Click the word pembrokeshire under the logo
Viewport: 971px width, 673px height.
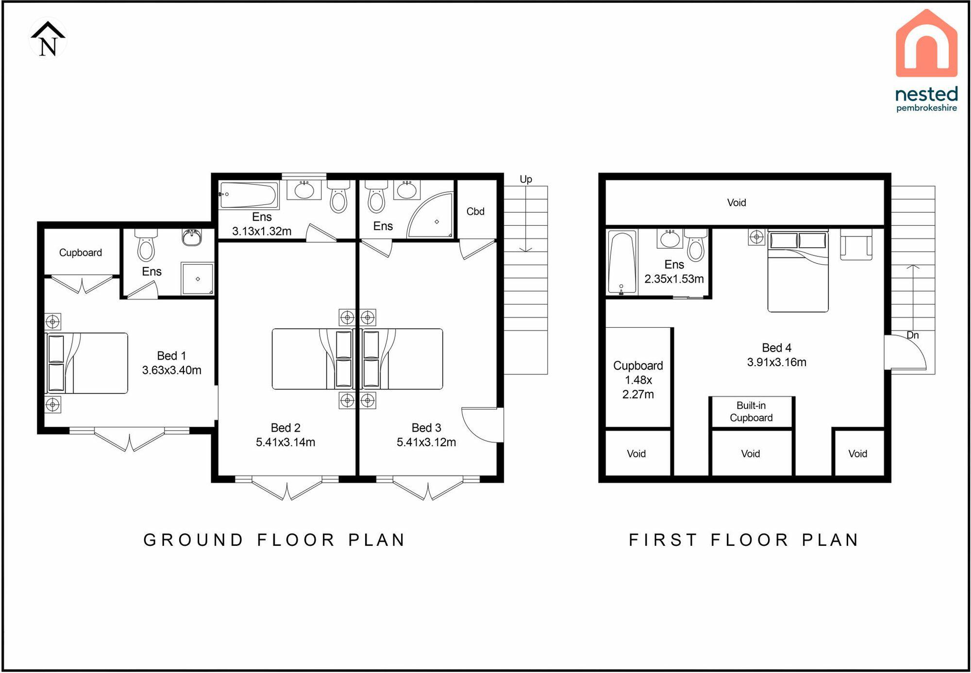tap(926, 108)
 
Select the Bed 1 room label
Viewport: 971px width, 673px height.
tap(171, 356)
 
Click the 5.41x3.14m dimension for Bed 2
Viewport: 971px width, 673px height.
tap(285, 442)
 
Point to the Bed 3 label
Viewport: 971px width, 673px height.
tap(426, 428)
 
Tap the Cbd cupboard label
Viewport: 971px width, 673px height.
tap(475, 212)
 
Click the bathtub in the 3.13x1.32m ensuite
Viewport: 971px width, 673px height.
tap(249, 195)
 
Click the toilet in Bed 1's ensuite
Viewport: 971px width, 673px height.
tap(146, 246)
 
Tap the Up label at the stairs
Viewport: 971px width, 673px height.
tap(526, 179)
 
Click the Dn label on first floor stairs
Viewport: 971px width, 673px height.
tap(913, 335)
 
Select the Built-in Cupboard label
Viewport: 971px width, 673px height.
tap(751, 412)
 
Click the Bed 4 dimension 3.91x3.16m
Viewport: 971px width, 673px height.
tap(777, 362)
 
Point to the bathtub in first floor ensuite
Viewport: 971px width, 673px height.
tap(622, 263)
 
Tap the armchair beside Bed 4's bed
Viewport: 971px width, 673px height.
tap(856, 244)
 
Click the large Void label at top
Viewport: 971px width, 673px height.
tap(737, 202)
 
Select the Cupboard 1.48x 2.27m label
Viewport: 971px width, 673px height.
tap(638, 380)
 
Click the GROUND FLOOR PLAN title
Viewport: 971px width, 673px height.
tap(275, 540)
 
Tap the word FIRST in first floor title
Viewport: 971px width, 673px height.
tap(663, 540)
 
